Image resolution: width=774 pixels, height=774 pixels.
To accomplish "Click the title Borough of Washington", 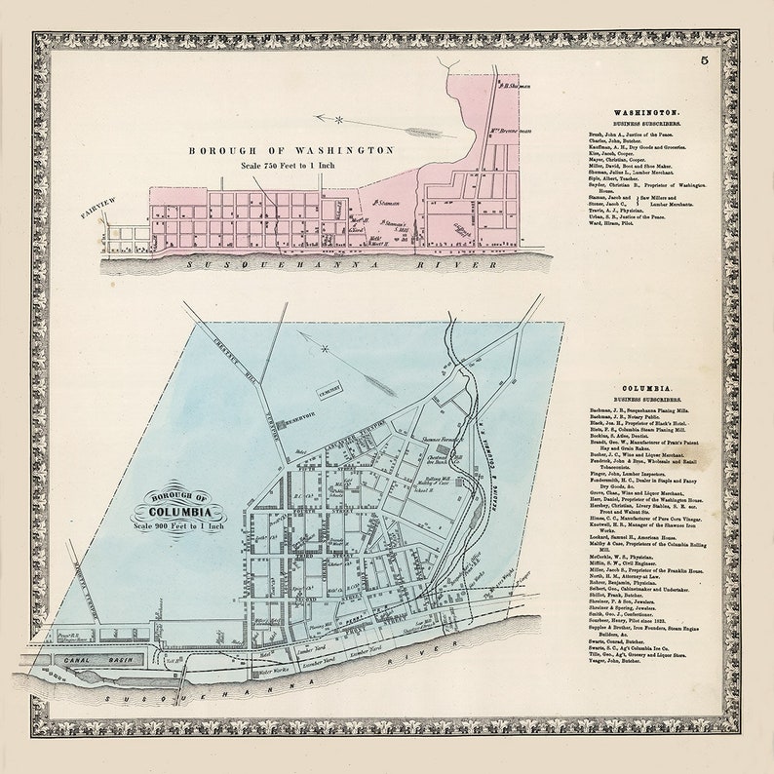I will pos(291,151).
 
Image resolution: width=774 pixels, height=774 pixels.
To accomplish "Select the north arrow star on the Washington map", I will pos(339,120).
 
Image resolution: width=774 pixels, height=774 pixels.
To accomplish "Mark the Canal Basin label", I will pos(89,659).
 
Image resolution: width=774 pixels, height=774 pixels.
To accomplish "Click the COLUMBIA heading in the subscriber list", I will pos(642,388).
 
